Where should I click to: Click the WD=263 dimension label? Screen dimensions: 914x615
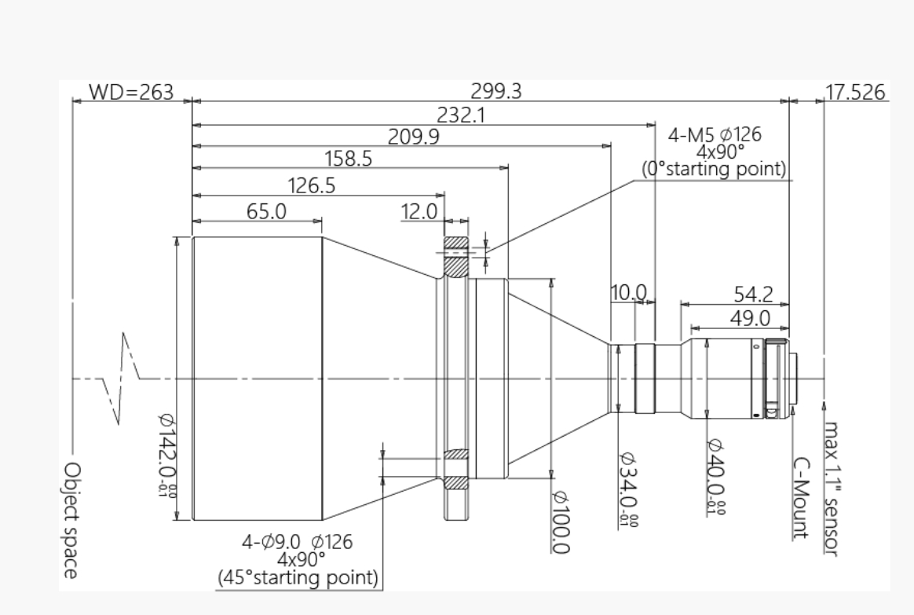pos(131,92)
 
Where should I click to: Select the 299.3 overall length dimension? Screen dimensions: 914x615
pos(496,92)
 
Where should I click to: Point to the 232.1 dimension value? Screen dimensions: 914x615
pos(461,115)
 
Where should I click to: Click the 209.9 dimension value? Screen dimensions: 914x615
pos(414,137)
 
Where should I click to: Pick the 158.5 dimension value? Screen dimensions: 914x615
pos(348,158)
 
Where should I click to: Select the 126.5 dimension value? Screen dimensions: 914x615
pos(312,185)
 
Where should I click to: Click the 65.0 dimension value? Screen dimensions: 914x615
pos(266,211)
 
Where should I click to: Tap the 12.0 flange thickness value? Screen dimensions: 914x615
pos(419,211)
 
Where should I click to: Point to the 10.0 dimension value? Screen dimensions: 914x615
pos(628,292)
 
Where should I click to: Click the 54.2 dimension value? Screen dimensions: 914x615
pos(753,295)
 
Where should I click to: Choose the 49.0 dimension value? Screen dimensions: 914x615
pos(750,318)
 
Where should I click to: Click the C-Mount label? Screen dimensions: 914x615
pos(800,498)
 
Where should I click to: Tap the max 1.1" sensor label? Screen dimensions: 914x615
pos(832,489)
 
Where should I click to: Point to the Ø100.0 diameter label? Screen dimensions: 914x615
pos(561,522)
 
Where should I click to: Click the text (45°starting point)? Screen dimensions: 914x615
pos(298,578)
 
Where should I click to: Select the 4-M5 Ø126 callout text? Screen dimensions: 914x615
pos(715,134)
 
